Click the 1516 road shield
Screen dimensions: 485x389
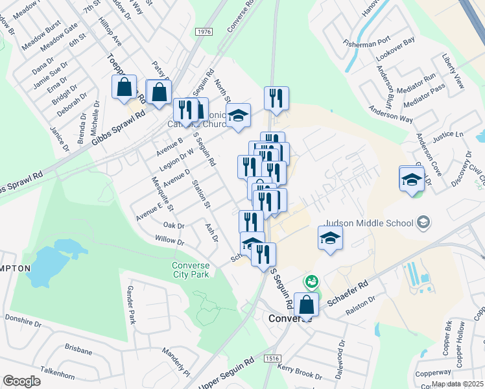pos(272,358)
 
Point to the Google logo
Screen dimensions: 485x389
pos(21,381)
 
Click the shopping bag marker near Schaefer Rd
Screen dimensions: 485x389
pos(306,304)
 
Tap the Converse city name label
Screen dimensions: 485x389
pos(290,319)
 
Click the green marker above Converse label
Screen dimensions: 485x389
pos(312,281)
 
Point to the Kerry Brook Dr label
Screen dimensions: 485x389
pos(300,371)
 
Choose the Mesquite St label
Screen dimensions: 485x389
pos(163,194)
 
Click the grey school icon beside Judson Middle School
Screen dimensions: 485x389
pos(423,223)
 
